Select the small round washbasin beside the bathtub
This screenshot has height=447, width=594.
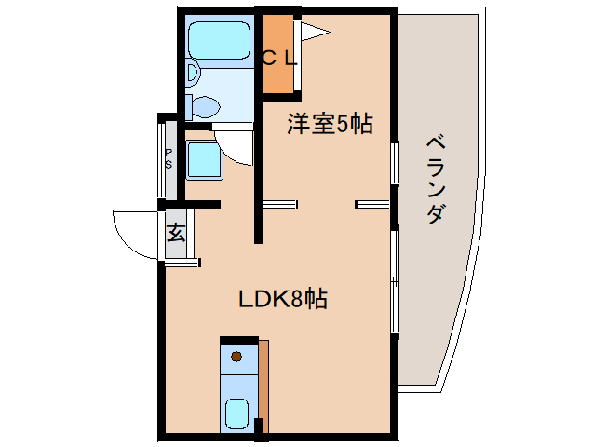193,72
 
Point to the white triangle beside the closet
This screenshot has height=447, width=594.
316,34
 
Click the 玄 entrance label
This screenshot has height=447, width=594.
175,233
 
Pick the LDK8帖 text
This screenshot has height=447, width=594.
282,299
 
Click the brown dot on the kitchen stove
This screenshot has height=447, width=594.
236,356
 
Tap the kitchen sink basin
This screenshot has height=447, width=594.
237,413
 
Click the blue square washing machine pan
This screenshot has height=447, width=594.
202,159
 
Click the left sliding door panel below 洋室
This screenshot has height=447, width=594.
279,202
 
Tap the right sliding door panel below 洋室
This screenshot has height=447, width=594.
371,202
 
